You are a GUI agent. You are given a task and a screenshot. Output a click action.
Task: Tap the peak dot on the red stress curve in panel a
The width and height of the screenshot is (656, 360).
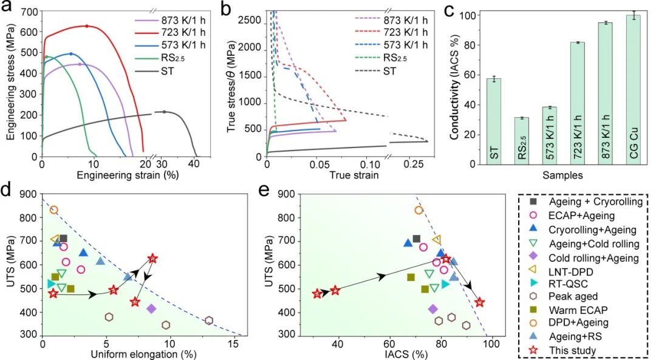(87, 26)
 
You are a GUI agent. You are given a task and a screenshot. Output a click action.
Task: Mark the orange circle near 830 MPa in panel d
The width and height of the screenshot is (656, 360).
(53, 210)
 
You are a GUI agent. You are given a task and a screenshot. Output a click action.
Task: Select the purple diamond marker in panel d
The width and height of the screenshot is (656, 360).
(151, 308)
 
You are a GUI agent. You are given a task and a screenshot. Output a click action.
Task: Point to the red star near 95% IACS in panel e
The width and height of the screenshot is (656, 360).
(480, 302)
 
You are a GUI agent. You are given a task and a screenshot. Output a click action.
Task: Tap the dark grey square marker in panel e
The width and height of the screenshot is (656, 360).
(416, 239)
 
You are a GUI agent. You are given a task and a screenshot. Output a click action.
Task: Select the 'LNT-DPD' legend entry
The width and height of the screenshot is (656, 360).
(567, 270)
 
